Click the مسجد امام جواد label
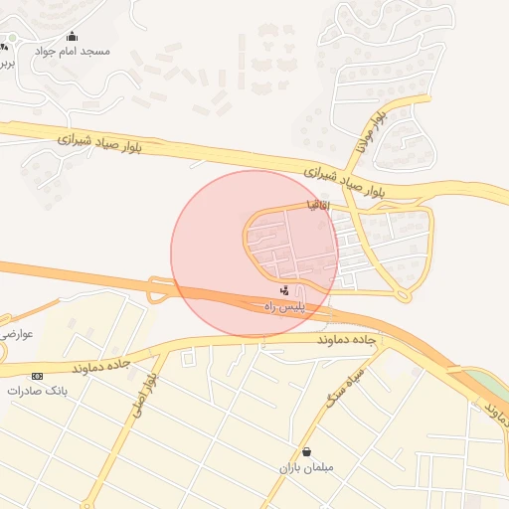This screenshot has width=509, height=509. (x=73, y=51)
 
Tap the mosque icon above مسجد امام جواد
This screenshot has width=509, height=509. (x=72, y=37)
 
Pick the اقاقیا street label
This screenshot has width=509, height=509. (x=318, y=205)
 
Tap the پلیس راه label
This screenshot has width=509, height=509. (x=283, y=308)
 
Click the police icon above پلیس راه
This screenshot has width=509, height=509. (x=286, y=291)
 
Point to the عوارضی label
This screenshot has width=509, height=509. (x=18, y=334)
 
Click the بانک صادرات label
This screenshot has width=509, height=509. (x=37, y=391)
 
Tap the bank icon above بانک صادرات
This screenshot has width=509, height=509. (x=38, y=376)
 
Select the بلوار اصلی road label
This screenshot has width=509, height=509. (x=144, y=394)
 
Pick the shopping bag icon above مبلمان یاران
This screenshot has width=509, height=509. (x=306, y=451)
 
